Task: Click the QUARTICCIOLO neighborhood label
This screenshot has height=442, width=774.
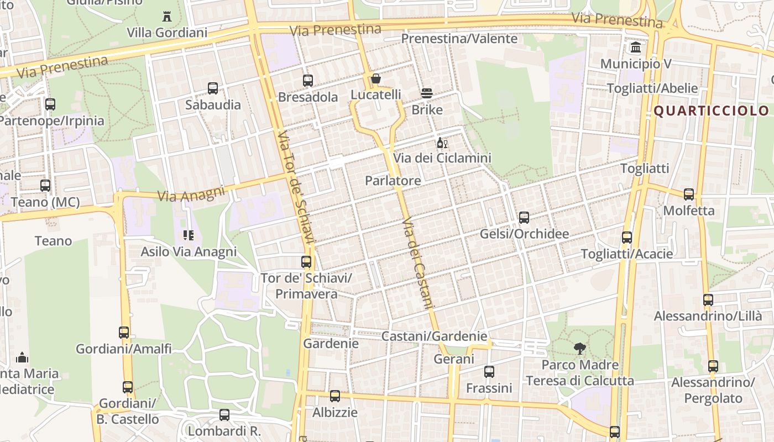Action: click(x=711, y=110)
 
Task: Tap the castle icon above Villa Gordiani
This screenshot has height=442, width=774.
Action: click(x=167, y=16)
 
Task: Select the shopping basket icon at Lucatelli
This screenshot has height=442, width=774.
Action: click(x=376, y=79)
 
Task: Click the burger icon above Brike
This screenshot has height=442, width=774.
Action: click(x=427, y=93)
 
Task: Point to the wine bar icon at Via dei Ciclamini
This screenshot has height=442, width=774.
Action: click(x=442, y=143)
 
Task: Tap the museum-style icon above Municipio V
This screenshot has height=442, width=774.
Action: click(x=636, y=48)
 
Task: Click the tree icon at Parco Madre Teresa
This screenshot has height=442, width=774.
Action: click(x=579, y=349)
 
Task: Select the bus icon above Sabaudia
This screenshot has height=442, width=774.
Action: click(x=213, y=88)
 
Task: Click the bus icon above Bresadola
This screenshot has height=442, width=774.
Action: click(x=308, y=81)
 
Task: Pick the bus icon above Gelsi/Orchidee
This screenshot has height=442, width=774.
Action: click(x=524, y=218)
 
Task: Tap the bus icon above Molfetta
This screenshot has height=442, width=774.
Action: click(x=689, y=194)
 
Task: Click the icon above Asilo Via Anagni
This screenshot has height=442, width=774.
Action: click(x=189, y=235)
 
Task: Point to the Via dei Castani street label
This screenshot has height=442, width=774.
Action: click(x=419, y=262)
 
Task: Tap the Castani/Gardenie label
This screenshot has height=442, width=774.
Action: click(x=434, y=336)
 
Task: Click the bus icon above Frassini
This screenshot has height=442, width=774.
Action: click(x=489, y=372)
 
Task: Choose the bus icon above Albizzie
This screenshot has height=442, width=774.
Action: click(x=335, y=396)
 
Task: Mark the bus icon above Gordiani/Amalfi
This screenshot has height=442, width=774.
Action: click(x=124, y=333)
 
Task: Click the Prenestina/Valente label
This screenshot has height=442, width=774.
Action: click(x=459, y=39)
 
